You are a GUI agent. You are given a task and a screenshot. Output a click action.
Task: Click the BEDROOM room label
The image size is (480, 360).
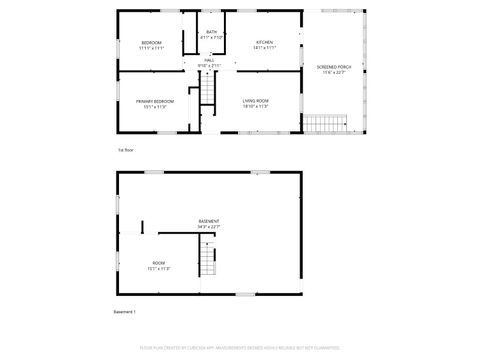152,42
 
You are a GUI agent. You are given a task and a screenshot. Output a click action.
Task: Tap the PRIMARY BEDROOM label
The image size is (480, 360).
155,101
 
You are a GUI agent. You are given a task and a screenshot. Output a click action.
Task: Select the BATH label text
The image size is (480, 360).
211,32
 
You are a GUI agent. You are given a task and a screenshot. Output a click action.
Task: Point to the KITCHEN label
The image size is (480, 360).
264,42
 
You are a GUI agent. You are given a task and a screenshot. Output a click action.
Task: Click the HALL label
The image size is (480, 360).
210,61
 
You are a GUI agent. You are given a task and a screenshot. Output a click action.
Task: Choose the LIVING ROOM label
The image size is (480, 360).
256,101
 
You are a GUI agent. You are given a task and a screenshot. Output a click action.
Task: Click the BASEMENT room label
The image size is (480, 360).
209,221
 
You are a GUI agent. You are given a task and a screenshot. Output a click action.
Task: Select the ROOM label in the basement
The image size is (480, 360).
159,263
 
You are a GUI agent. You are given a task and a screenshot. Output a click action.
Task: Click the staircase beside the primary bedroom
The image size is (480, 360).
208,92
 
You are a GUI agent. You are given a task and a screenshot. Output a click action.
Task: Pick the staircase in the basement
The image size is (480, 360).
208,261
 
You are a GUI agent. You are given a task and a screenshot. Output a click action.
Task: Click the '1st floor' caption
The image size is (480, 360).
126,150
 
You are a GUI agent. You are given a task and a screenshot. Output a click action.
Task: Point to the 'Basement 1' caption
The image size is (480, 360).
125,312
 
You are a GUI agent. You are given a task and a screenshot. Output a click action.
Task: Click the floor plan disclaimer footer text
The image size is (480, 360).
240,349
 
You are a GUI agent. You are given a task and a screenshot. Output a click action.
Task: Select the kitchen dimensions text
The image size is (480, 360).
264,48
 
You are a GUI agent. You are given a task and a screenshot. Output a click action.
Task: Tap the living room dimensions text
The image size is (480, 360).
256,107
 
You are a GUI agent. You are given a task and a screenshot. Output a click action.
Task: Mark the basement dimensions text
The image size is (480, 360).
209,227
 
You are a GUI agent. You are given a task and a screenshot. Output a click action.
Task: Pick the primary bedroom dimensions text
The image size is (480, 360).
155,107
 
